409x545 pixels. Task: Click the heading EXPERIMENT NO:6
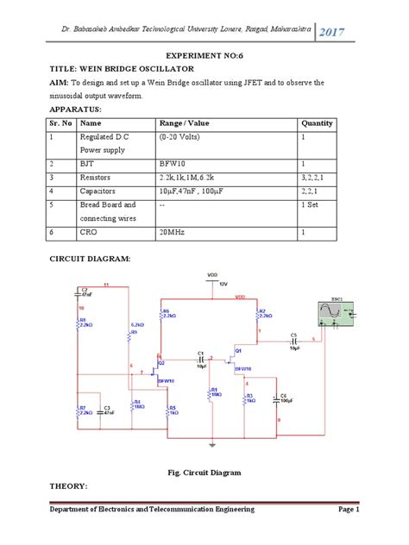pyautogui.click(x=204, y=53)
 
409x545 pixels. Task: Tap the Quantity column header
pyautogui.click(x=317, y=123)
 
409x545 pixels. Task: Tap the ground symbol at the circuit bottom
pyautogui.click(x=211, y=446)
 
